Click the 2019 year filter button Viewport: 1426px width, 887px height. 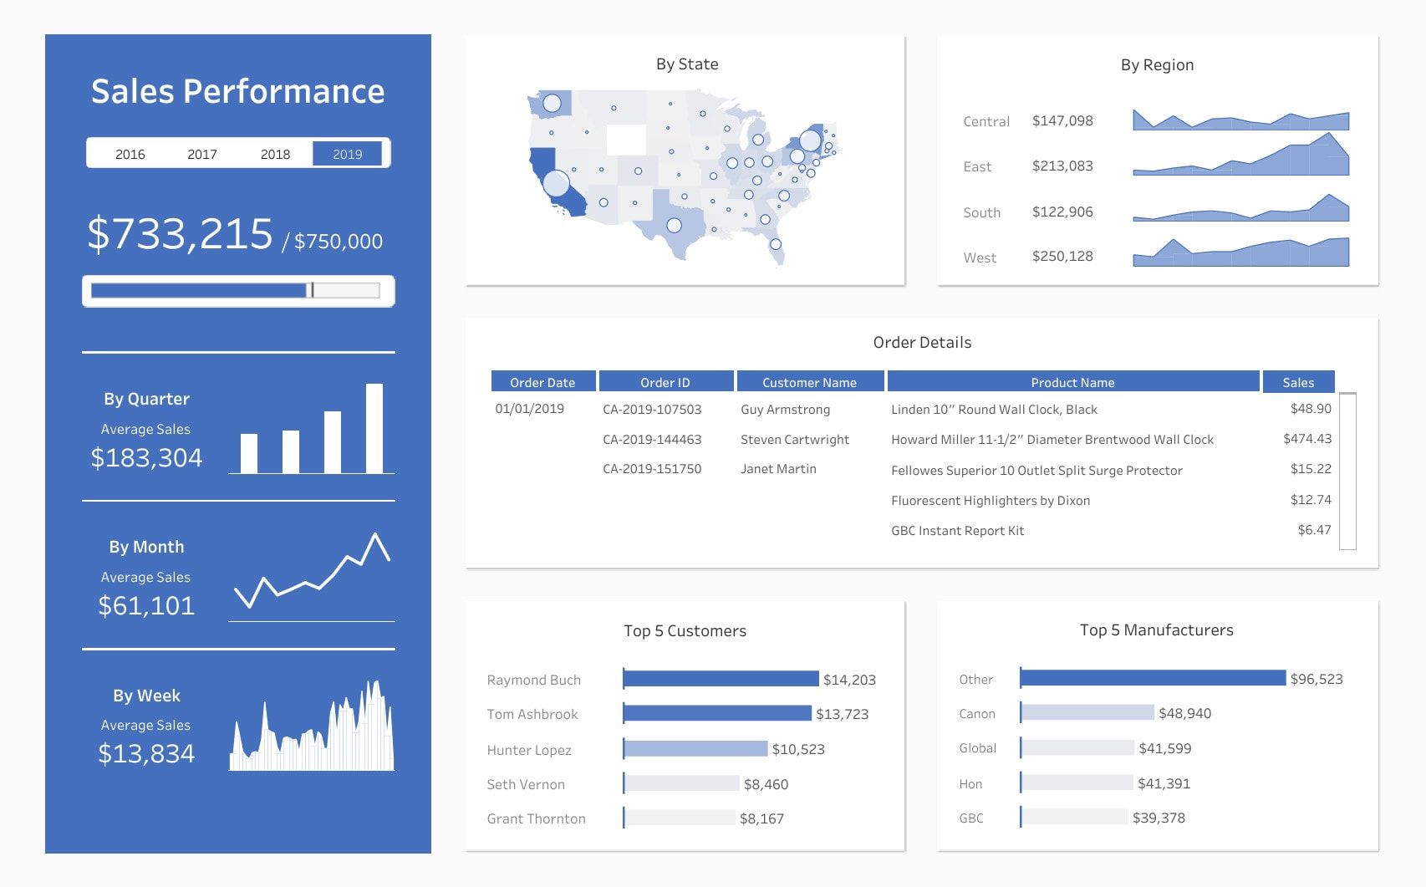pyautogui.click(x=347, y=154)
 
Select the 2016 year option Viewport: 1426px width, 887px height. pyautogui.click(x=130, y=154)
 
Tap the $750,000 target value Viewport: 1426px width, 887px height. pyautogui.click(x=338, y=242)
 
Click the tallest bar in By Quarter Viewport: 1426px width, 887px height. pyautogui.click(x=374, y=428)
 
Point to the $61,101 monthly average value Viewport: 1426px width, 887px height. pyautogui.click(x=146, y=605)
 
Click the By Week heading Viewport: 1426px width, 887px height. pyautogui.click(x=146, y=696)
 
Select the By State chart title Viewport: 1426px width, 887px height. pyautogui.click(x=686, y=64)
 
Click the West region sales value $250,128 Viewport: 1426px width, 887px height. pyautogui.click(x=1062, y=256)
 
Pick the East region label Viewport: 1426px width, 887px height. pyautogui.click(x=976, y=166)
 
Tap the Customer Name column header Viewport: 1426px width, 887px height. pyautogui.click(x=808, y=382)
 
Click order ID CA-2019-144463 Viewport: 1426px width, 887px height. pyautogui.click(x=652, y=439)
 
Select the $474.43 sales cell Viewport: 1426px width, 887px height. pyautogui.click(x=1306, y=438)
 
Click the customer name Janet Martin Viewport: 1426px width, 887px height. pyautogui.click(x=778, y=469)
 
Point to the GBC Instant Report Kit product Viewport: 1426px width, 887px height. pyautogui.click(x=957, y=530)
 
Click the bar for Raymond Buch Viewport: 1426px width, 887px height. pyautogui.click(x=721, y=679)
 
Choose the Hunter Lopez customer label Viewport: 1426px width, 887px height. pyautogui.click(x=529, y=750)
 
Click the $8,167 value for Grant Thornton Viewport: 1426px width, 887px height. pyautogui.click(x=761, y=818)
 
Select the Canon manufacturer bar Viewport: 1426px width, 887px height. pyautogui.click(x=1087, y=712)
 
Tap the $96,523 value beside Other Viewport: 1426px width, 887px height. pyautogui.click(x=1316, y=679)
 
